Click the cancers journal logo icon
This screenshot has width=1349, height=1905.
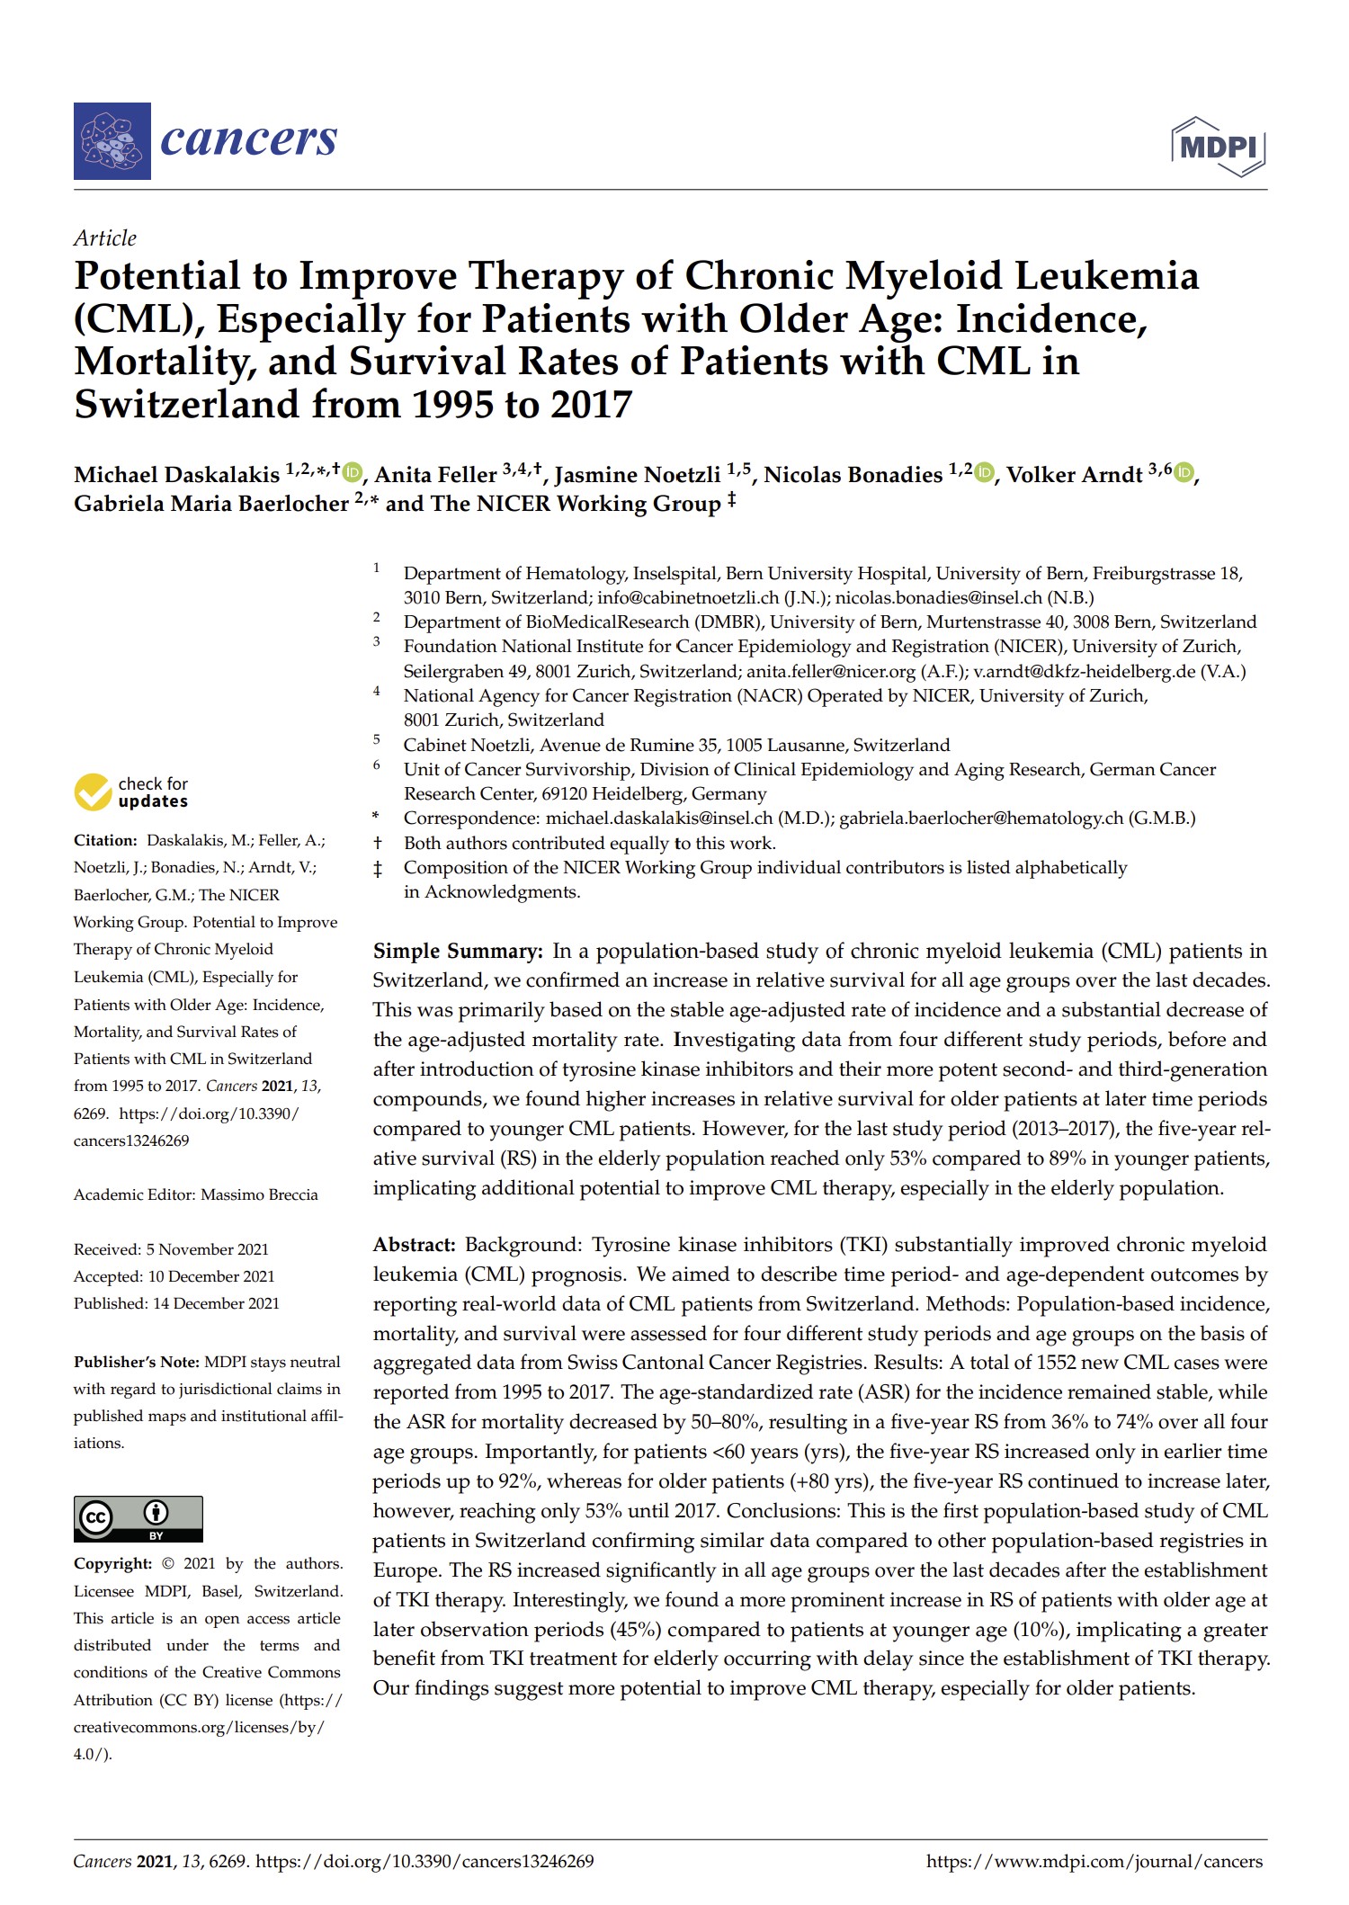click(x=112, y=141)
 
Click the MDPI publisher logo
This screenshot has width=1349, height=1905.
click(x=1218, y=146)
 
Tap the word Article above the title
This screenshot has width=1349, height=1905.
click(x=105, y=238)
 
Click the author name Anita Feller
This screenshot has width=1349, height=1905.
click(x=435, y=475)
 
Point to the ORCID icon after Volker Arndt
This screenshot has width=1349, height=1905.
click(x=1184, y=472)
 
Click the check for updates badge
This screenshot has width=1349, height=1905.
click(x=131, y=792)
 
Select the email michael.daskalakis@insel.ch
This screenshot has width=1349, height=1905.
click(x=659, y=818)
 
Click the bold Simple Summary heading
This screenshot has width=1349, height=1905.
click(x=458, y=952)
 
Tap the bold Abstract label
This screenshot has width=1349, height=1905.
click(x=415, y=1245)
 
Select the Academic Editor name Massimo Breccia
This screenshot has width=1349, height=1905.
click(x=259, y=1194)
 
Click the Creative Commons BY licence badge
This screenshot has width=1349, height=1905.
click(x=138, y=1519)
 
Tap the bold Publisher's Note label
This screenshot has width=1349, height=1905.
click(x=137, y=1362)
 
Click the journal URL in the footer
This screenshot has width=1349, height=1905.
click(x=1094, y=1862)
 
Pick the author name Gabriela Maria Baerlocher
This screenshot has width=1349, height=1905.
click(x=211, y=504)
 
